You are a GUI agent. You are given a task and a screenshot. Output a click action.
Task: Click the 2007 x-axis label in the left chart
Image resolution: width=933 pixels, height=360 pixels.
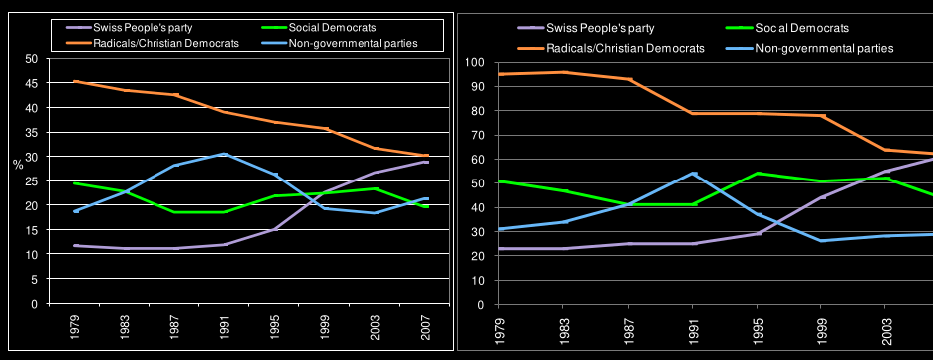coord(426,325)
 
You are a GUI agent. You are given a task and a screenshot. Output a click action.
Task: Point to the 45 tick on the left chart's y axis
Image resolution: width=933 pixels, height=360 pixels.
coord(32,84)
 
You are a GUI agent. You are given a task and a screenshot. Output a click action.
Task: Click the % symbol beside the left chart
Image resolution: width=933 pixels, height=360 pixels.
coord(19,165)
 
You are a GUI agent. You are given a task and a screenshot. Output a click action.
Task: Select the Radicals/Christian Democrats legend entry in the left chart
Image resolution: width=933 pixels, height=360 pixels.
coord(146,43)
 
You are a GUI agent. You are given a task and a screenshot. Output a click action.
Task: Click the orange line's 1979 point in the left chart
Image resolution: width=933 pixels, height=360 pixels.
coord(76,81)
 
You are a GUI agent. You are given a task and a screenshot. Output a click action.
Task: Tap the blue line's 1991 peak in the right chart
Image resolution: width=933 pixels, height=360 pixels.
coord(693,174)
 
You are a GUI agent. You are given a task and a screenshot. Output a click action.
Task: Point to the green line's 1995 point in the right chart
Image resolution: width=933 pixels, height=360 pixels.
coord(758,174)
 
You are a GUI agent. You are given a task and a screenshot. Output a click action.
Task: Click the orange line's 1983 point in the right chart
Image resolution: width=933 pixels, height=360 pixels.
coord(564,72)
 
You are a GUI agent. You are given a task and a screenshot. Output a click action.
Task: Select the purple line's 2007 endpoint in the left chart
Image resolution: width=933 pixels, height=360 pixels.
coord(426,162)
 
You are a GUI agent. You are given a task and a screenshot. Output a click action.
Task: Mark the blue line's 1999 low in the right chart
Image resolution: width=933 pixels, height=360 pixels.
coord(821,241)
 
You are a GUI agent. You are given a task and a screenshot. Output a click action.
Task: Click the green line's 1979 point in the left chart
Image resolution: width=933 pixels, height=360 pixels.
coord(76,183)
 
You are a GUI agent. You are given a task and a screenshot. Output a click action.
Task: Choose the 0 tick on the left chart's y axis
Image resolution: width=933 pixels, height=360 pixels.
coord(35,304)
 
